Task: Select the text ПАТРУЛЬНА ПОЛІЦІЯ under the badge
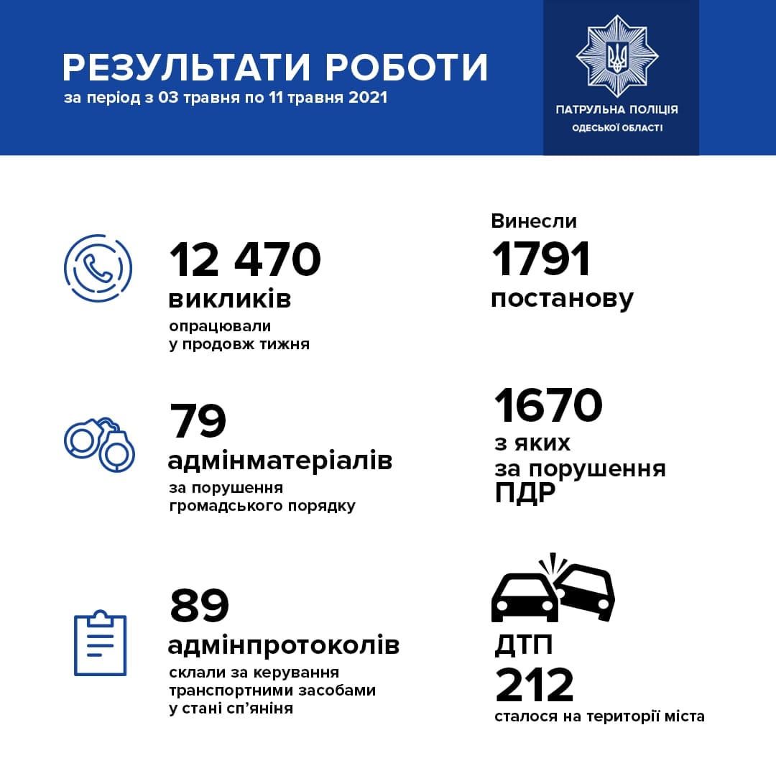[x=616, y=110]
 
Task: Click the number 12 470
[x=245, y=259]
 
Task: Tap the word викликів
[x=230, y=299]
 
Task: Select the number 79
[x=198, y=421]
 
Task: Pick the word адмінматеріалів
[x=280, y=460]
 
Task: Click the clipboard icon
[x=101, y=644]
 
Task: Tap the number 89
[x=199, y=606]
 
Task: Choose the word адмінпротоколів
[x=283, y=645]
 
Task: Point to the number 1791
[x=541, y=259]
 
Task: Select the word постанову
[x=562, y=298]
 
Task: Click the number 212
[x=535, y=685]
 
